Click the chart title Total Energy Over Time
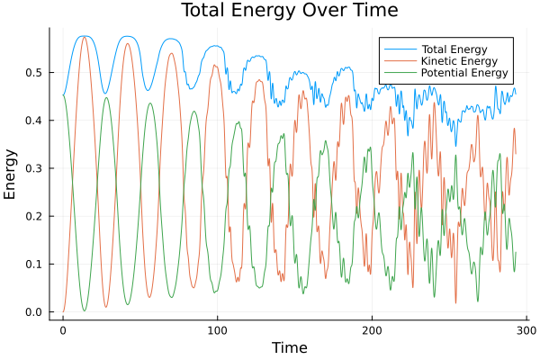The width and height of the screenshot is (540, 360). coord(277,11)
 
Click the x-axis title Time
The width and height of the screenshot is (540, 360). coord(289,347)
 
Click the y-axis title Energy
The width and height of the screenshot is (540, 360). coord(11,175)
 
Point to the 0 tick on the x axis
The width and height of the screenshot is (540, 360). coord(63,329)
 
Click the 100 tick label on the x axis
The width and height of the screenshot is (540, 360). coord(217,329)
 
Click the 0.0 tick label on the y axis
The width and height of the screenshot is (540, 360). coord(32,312)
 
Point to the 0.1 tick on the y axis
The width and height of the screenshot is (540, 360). coord(32,265)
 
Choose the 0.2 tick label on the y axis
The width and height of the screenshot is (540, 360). coord(32,216)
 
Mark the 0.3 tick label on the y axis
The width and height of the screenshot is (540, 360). coord(32,168)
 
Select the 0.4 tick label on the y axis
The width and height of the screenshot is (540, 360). coord(32,121)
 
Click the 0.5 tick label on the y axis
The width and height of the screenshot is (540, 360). coord(32,72)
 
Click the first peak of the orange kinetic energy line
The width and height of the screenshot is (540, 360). coord(85,37)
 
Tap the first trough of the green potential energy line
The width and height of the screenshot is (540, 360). coord(85,310)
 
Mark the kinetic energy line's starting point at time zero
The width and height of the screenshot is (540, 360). coord(63,311)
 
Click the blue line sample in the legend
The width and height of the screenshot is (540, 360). coord(396,48)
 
